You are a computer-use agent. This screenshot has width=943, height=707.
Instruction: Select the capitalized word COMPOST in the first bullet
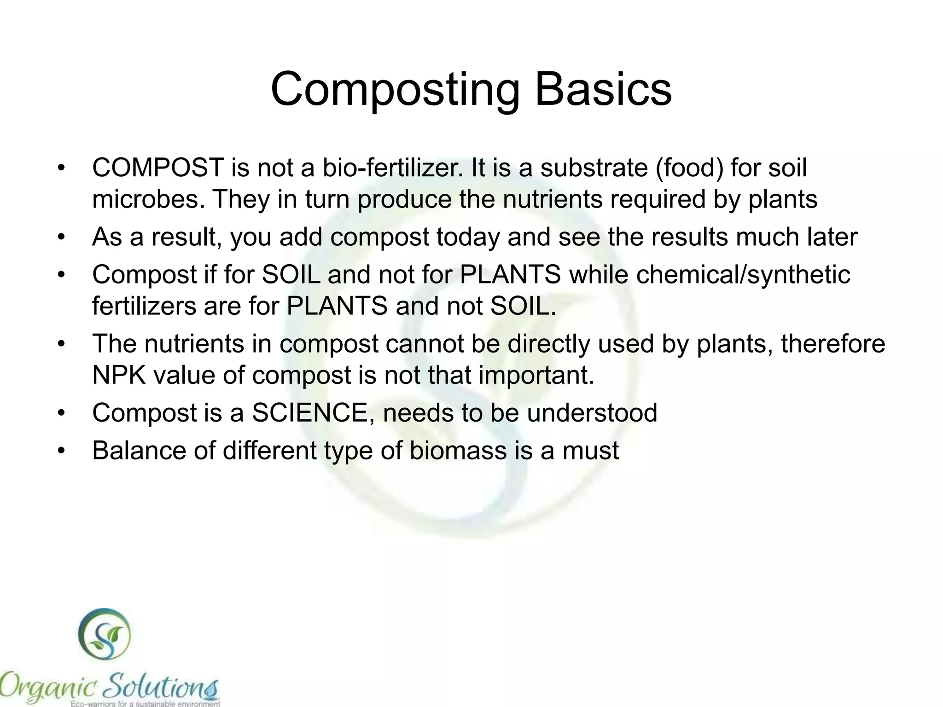(158, 168)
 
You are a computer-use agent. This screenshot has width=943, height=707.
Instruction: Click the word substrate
(594, 168)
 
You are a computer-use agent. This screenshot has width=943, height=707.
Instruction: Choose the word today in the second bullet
(468, 237)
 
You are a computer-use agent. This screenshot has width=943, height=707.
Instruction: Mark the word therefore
(833, 344)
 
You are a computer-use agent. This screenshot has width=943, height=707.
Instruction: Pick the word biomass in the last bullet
(458, 450)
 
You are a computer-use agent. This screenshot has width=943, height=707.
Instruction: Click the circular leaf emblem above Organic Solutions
(105, 635)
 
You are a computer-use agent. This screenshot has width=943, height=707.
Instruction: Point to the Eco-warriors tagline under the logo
(145, 703)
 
